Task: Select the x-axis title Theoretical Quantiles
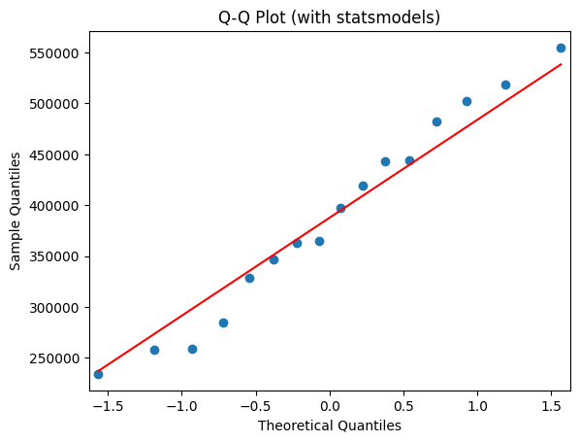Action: point(329,425)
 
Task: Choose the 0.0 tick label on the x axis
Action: point(330,405)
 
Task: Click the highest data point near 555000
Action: point(561,48)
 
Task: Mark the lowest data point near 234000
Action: point(98,374)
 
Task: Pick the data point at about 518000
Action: point(505,85)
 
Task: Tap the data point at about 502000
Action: point(466,101)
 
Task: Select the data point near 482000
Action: point(436,121)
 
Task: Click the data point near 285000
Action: point(223,323)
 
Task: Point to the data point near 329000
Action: point(249,278)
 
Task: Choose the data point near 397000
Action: point(340,208)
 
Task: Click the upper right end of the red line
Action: point(561,64)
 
